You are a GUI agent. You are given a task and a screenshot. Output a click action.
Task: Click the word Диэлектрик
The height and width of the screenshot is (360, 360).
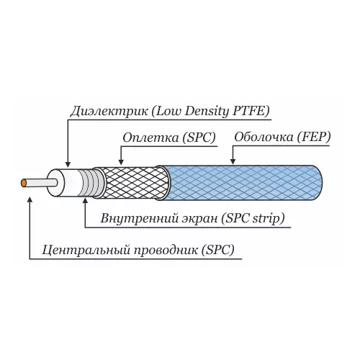click(109, 112)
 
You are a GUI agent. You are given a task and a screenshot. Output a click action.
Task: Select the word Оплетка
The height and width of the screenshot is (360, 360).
click(150, 138)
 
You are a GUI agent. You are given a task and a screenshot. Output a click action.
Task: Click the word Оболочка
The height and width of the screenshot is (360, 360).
click(264, 138)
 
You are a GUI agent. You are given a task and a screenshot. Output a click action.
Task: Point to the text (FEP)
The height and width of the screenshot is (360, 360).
click(314, 138)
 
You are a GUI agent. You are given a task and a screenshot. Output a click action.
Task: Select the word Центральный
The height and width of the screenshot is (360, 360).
click(86, 251)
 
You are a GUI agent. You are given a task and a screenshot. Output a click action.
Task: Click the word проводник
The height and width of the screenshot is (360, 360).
click(166, 251)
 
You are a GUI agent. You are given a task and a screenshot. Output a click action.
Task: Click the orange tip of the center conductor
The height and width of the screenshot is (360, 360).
click(24, 183)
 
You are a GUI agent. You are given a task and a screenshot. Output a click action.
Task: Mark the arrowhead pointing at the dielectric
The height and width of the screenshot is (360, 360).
click(68, 164)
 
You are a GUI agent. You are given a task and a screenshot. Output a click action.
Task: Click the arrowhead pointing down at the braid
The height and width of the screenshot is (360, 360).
click(121, 162)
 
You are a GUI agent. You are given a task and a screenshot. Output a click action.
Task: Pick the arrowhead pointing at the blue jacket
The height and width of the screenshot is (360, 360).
click(233, 161)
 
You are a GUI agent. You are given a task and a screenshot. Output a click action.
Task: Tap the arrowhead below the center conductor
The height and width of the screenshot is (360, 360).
click(30, 199)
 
